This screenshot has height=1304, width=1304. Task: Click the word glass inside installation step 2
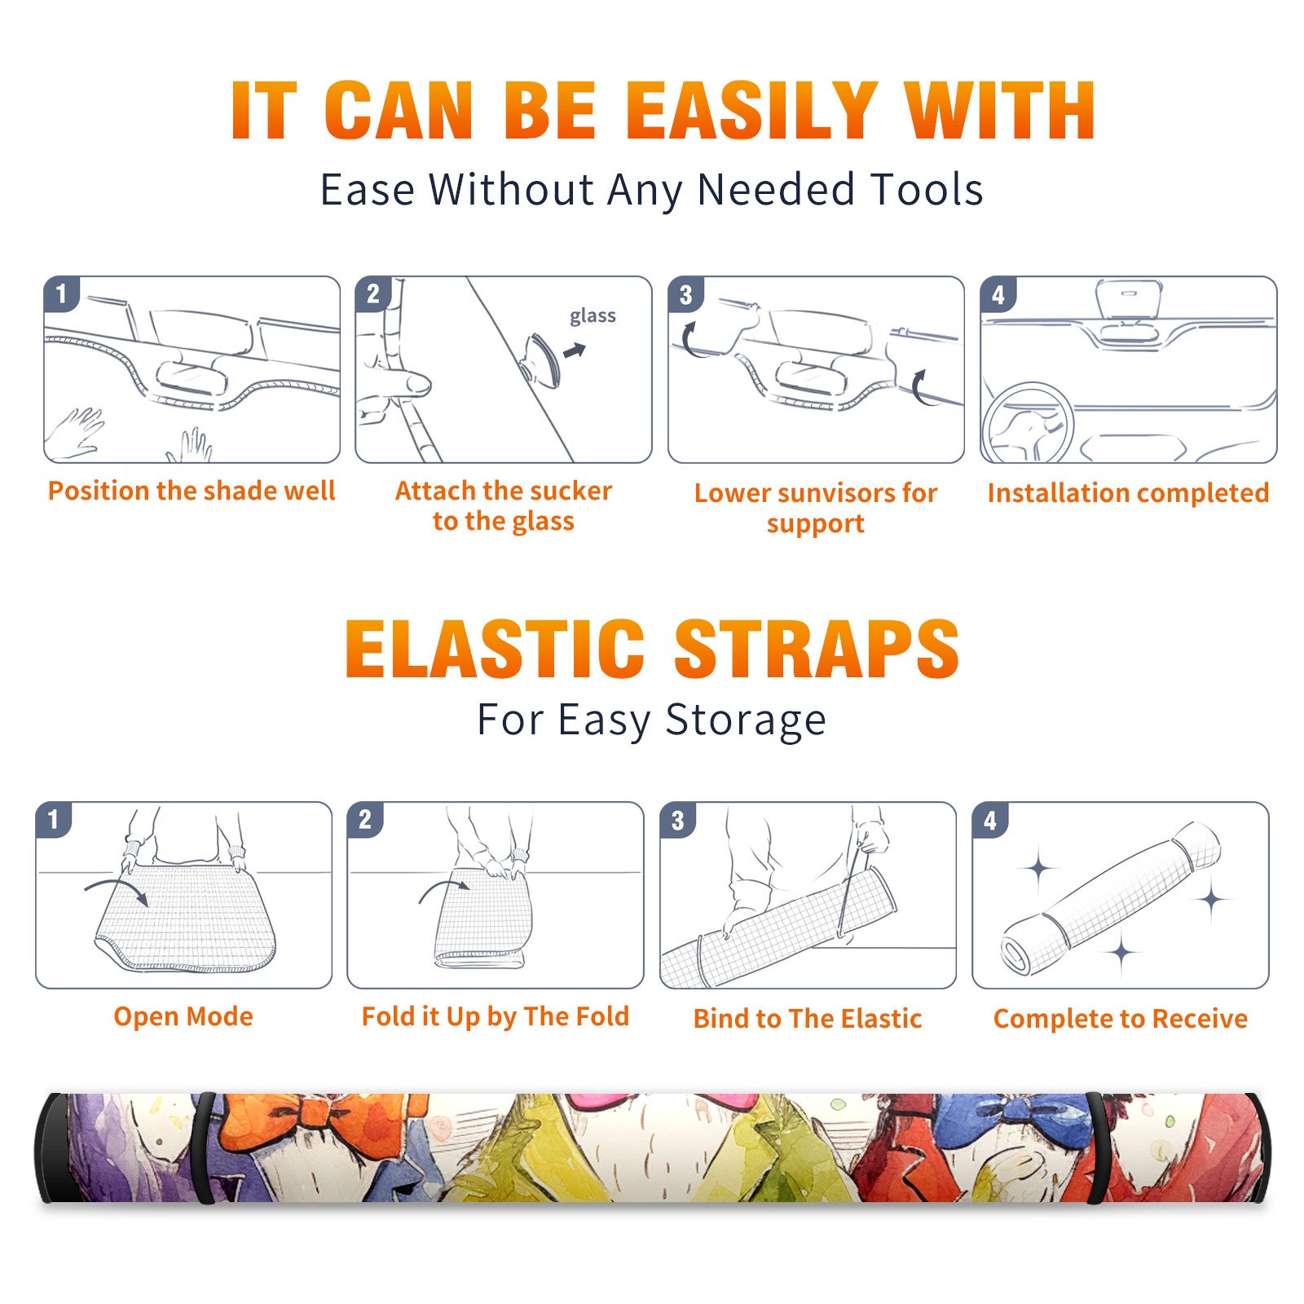click(x=593, y=315)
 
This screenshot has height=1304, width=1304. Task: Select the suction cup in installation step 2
click(x=542, y=359)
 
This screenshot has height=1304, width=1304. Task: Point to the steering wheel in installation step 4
click(x=1027, y=423)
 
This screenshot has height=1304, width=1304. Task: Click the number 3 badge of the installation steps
click(x=685, y=294)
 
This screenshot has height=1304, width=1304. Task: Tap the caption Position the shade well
click(x=192, y=491)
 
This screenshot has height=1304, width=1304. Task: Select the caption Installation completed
click(x=1128, y=493)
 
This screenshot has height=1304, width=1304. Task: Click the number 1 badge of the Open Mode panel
click(x=54, y=819)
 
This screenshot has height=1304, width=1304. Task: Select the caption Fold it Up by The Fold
click(x=496, y=1016)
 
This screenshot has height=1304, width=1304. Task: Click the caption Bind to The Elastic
click(x=808, y=1019)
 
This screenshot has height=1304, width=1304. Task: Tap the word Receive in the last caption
click(x=1200, y=1019)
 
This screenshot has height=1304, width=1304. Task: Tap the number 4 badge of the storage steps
click(x=990, y=820)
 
